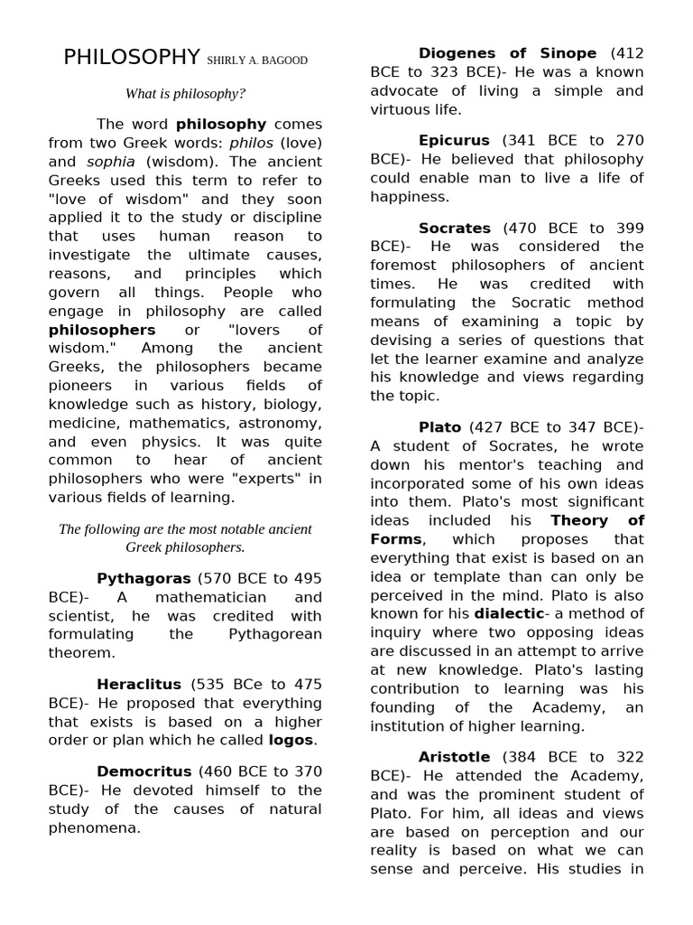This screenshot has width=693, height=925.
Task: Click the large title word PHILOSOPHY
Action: (132, 58)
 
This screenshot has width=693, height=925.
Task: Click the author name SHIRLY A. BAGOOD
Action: (257, 61)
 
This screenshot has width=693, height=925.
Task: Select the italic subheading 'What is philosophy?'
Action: (185, 93)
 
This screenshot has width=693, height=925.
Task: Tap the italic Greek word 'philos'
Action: (251, 143)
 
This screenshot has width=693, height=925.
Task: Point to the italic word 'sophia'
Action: (110, 162)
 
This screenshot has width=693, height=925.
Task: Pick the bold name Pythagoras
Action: (143, 578)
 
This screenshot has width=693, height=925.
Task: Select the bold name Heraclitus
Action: (139, 685)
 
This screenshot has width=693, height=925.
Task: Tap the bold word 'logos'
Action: (291, 741)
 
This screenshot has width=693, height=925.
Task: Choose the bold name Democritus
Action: (144, 771)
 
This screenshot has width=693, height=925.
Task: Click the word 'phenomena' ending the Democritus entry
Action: (92, 827)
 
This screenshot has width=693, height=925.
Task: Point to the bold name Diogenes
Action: (460, 53)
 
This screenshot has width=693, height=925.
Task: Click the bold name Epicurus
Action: (454, 140)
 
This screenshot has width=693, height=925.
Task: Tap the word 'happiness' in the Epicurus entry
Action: (409, 196)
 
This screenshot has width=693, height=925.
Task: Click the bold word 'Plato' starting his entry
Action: (439, 427)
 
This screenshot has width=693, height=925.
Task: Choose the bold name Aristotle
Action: (454, 757)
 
